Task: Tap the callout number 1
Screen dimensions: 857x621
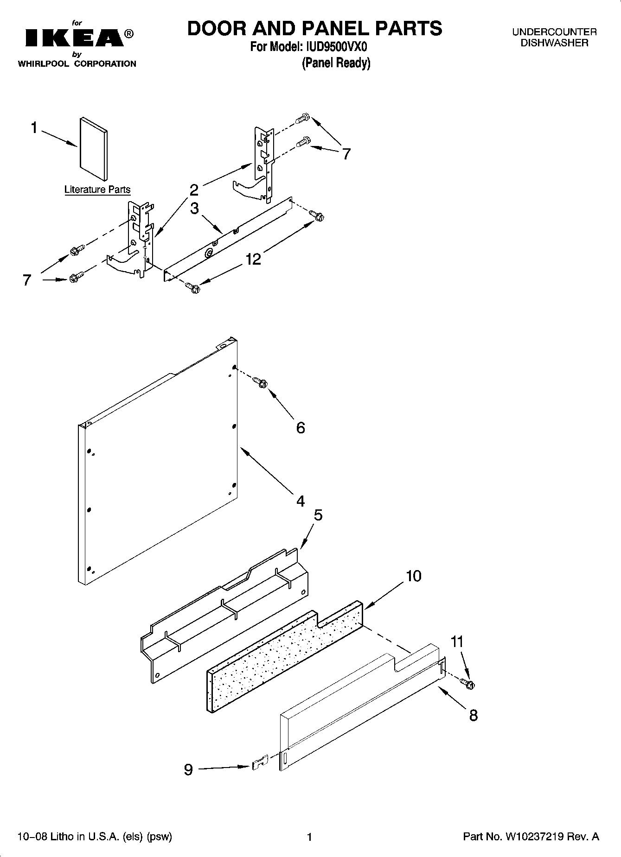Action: click(x=34, y=127)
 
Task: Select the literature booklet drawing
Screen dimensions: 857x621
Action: click(x=94, y=148)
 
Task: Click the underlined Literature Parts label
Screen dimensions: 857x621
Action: click(x=97, y=190)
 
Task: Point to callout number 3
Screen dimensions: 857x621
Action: click(x=194, y=208)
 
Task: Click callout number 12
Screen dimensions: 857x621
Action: click(x=253, y=259)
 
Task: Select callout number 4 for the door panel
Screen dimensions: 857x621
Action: click(x=301, y=501)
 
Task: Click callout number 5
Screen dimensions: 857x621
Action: click(x=318, y=515)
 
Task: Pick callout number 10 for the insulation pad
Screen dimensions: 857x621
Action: click(x=413, y=576)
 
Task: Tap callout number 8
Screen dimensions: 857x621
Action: click(x=473, y=715)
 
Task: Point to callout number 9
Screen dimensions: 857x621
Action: click(x=188, y=770)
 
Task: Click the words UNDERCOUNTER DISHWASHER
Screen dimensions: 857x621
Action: click(x=554, y=38)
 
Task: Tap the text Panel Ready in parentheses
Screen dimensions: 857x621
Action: click(x=336, y=63)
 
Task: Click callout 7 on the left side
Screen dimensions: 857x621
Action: click(x=27, y=280)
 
